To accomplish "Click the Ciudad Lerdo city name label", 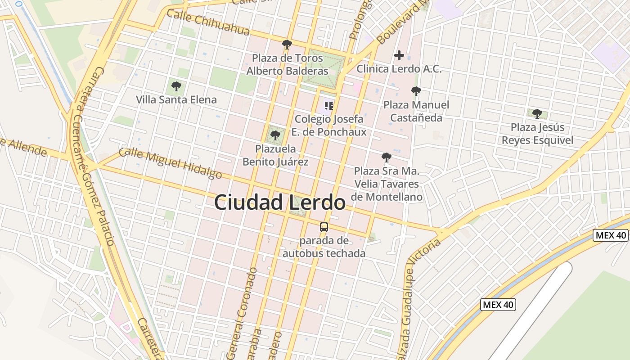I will tap(279, 202).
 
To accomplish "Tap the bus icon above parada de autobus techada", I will tap(324, 227).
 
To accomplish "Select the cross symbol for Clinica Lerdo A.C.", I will tap(399, 55).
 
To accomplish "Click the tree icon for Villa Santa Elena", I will tap(176, 86).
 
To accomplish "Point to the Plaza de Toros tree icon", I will tap(287, 44).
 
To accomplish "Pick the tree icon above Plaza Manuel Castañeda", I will tap(416, 91).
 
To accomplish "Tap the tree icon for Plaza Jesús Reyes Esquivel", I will tap(537, 113).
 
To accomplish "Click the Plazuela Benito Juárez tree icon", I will tap(275, 135).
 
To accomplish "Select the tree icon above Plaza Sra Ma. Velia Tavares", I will tap(386, 157).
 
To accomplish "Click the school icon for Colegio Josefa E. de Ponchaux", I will tap(329, 106).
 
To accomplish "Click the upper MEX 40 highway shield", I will tap(610, 235).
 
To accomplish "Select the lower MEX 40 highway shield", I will tap(498, 305).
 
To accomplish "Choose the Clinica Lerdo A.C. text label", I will tap(399, 69).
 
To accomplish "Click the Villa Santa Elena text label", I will tap(176, 99).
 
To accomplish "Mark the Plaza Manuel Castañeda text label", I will tap(416, 111).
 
